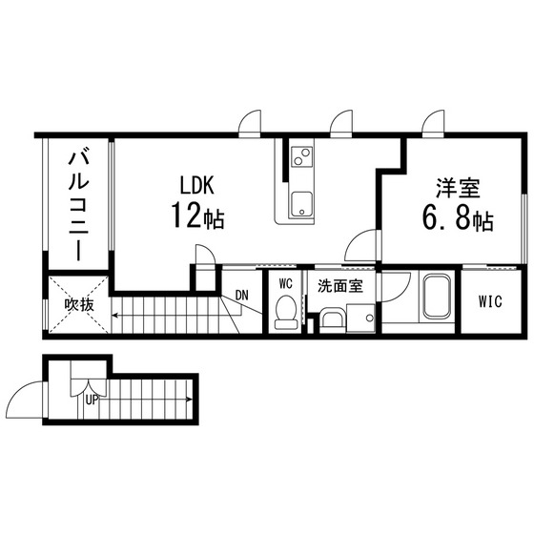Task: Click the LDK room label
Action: click(x=196, y=185)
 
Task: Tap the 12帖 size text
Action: click(x=197, y=216)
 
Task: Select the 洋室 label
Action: click(x=459, y=188)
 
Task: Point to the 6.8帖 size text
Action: click(x=458, y=218)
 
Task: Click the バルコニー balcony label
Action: click(x=78, y=203)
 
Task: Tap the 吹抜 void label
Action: click(x=79, y=305)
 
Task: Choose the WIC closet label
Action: click(x=490, y=301)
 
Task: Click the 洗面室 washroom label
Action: click(x=340, y=286)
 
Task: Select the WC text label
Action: click(x=285, y=283)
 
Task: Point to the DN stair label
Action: click(x=242, y=295)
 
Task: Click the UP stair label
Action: click(x=92, y=400)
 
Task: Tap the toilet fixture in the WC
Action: click(x=286, y=312)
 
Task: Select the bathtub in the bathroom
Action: click(x=437, y=297)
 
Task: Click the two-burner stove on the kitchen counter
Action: click(x=301, y=156)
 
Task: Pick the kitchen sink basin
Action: click(x=300, y=204)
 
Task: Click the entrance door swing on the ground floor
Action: click(x=25, y=400)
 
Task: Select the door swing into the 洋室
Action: click(x=361, y=245)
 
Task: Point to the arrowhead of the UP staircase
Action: click(x=190, y=400)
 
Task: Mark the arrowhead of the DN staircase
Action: click(x=114, y=316)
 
